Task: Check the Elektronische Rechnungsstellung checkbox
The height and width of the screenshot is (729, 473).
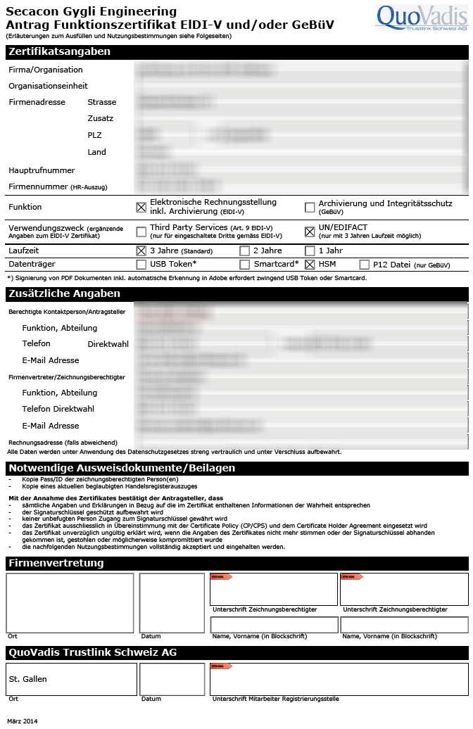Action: [x=141, y=207]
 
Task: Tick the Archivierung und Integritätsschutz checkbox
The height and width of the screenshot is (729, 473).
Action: [x=310, y=207]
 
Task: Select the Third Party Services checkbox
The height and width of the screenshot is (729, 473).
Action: [x=141, y=232]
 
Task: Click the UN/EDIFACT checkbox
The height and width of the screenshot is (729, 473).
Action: [x=310, y=232]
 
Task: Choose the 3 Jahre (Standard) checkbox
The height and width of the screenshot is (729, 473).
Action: [x=141, y=251]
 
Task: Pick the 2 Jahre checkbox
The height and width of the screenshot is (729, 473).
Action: [x=244, y=251]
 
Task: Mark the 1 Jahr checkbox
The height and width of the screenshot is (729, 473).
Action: [x=310, y=251]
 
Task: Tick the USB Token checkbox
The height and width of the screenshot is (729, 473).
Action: [x=141, y=265]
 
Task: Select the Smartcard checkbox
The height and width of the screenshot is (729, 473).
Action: [x=244, y=265]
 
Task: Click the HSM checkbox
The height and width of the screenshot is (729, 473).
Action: [x=310, y=265]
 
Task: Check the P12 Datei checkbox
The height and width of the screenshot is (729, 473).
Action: [x=364, y=265]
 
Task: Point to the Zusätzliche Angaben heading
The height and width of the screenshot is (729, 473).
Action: [x=64, y=293]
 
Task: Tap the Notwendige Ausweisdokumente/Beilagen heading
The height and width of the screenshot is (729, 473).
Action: [x=121, y=468]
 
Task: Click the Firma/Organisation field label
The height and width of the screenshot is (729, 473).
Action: [x=46, y=70]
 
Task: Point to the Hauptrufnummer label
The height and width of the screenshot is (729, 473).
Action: [x=42, y=170]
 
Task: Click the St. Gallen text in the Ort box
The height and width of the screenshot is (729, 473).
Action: [x=28, y=679]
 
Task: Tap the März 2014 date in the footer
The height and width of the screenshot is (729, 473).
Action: [x=23, y=721]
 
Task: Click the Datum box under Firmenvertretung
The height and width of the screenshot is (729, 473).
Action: [x=171, y=603]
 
